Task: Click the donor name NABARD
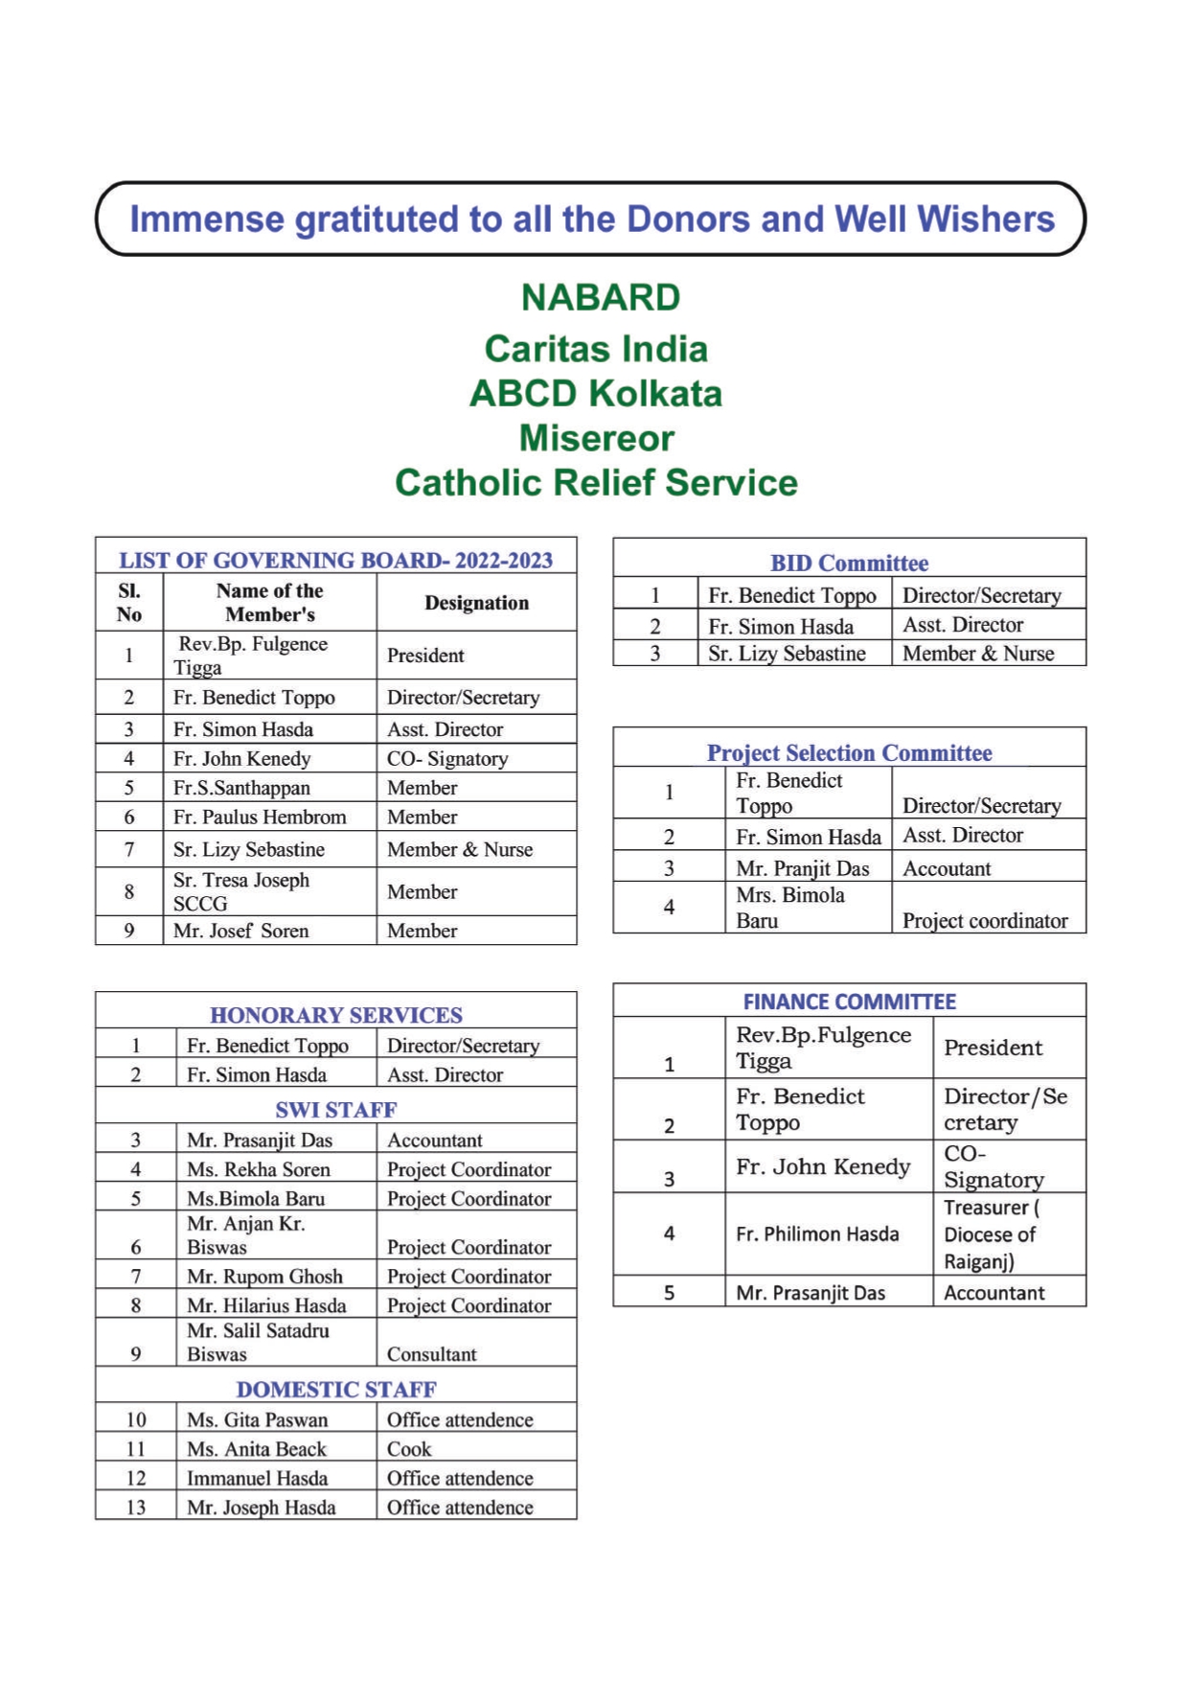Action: tap(600, 298)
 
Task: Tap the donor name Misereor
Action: tap(596, 439)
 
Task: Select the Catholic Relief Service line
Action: tap(596, 483)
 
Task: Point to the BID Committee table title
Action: tap(849, 563)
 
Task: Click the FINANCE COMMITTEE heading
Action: tap(849, 1002)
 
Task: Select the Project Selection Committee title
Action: tap(849, 752)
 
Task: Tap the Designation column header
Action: tap(476, 603)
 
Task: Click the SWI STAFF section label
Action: tap(335, 1110)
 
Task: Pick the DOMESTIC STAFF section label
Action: tap(335, 1390)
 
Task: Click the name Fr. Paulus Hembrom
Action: tap(260, 818)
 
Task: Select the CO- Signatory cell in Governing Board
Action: tap(447, 759)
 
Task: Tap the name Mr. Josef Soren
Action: tap(240, 931)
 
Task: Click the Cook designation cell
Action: tap(409, 1449)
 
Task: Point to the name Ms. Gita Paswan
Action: tap(257, 1420)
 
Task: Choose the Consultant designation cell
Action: tap(431, 1354)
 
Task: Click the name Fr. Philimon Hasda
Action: tap(817, 1234)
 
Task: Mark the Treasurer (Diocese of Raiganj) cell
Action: tap(991, 1234)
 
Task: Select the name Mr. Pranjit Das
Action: tap(802, 869)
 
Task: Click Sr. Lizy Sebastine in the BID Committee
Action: tap(787, 654)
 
